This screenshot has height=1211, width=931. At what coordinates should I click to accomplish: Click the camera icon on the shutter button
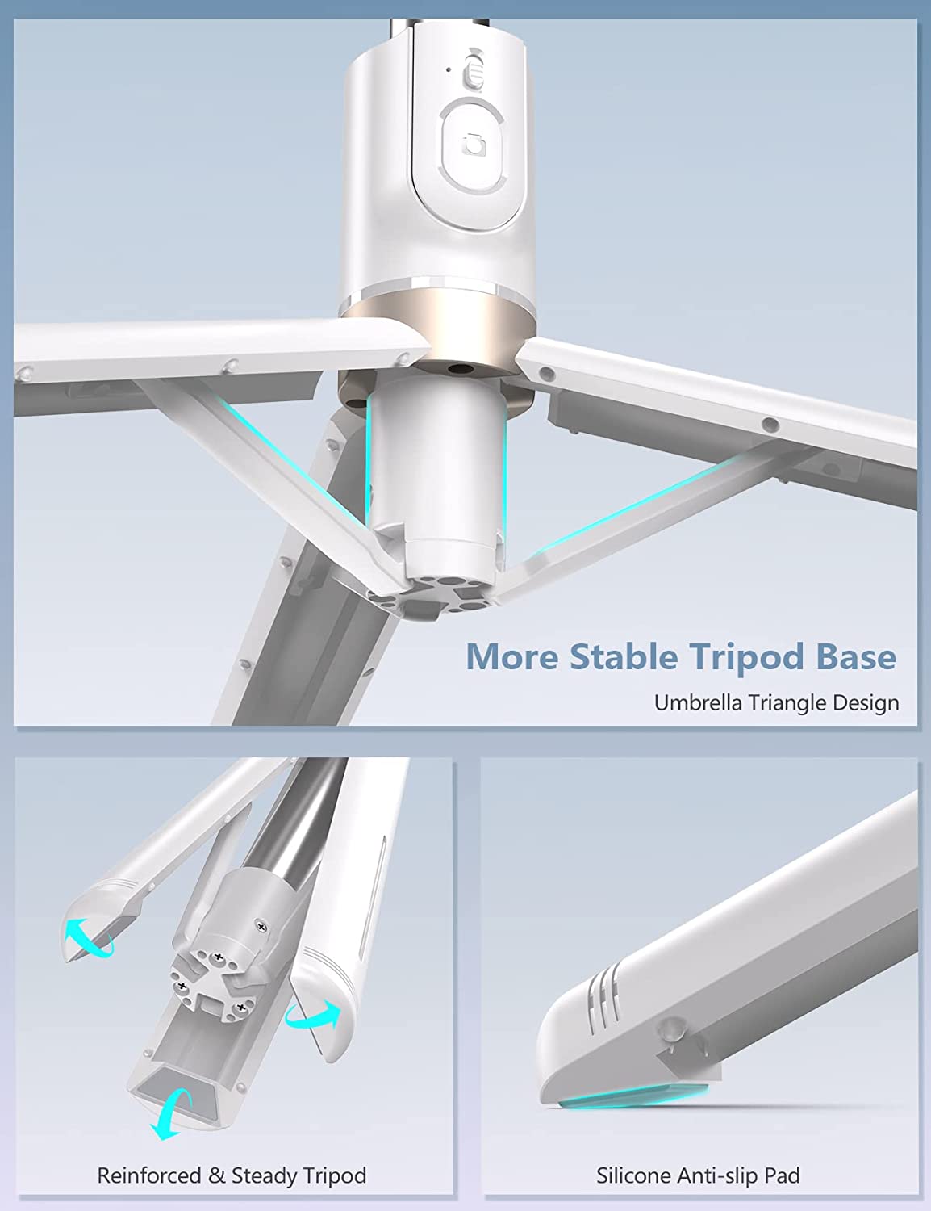(474, 145)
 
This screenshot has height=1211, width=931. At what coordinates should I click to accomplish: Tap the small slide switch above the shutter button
(474, 71)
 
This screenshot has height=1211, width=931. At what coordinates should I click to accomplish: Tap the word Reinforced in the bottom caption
(149, 1175)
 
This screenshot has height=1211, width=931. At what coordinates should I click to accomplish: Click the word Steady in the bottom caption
(265, 1176)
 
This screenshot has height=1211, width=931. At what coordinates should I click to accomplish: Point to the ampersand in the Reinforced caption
(216, 1175)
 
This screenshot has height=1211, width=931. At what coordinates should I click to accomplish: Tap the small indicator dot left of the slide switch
(449, 70)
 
